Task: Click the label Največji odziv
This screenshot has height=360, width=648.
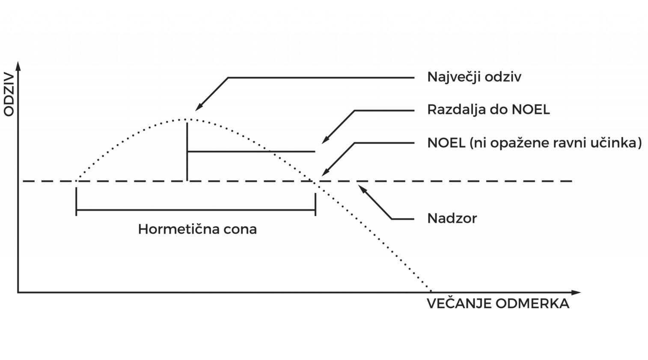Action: pos(474,77)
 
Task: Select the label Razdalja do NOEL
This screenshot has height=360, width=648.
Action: pos(488,110)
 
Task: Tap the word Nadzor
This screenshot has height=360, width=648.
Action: pos(452,219)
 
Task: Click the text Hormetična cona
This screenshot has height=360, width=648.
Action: pos(197,229)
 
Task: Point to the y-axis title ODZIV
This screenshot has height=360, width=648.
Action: pos(9,95)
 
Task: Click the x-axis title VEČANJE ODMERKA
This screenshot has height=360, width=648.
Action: pos(498,304)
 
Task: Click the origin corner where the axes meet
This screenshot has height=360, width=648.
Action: pos(18,293)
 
